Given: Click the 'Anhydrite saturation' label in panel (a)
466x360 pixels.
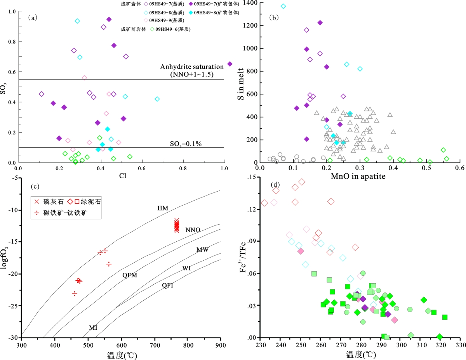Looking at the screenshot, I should (x=192, y=67).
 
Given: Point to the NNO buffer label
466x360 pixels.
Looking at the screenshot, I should (x=193, y=230).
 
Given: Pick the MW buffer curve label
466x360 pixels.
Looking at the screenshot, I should (x=202, y=250).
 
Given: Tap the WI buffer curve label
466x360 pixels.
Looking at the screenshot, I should (x=187, y=268).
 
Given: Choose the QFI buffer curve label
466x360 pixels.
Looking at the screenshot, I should (x=168, y=286).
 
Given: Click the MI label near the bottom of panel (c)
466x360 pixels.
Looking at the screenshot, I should (x=93, y=328).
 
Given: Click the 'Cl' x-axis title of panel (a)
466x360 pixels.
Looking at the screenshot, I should (x=120, y=176).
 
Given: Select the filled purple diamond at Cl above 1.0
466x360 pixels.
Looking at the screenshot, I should (x=230, y=64).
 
